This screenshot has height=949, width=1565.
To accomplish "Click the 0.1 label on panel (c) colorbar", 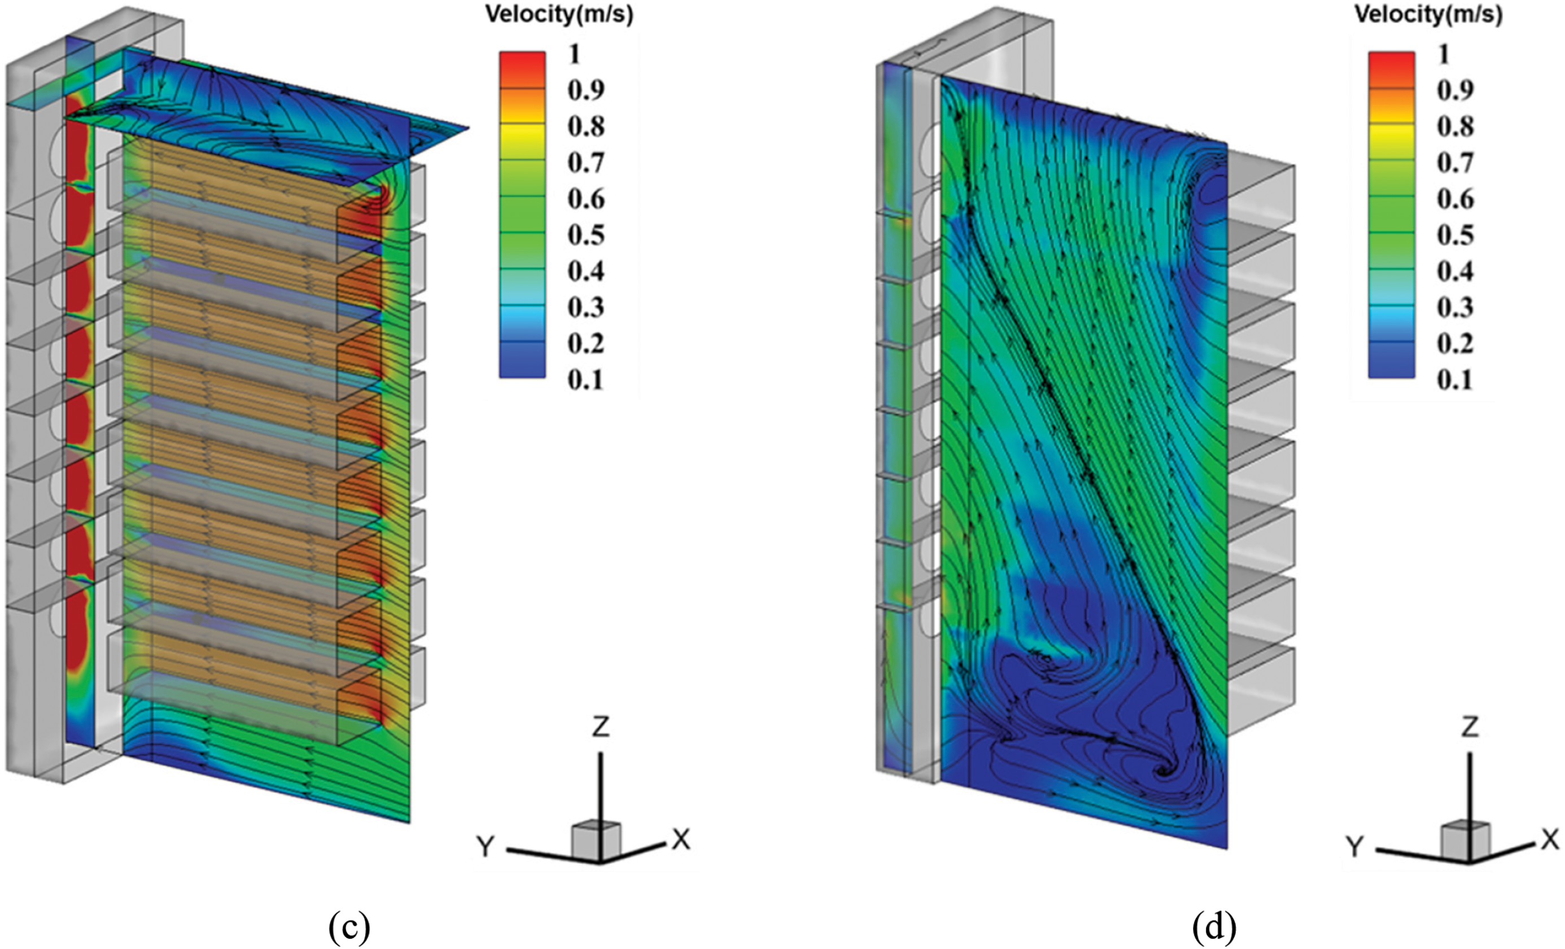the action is pos(585,381).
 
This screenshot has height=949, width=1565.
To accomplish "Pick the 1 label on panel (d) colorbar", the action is pos(1444,55).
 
